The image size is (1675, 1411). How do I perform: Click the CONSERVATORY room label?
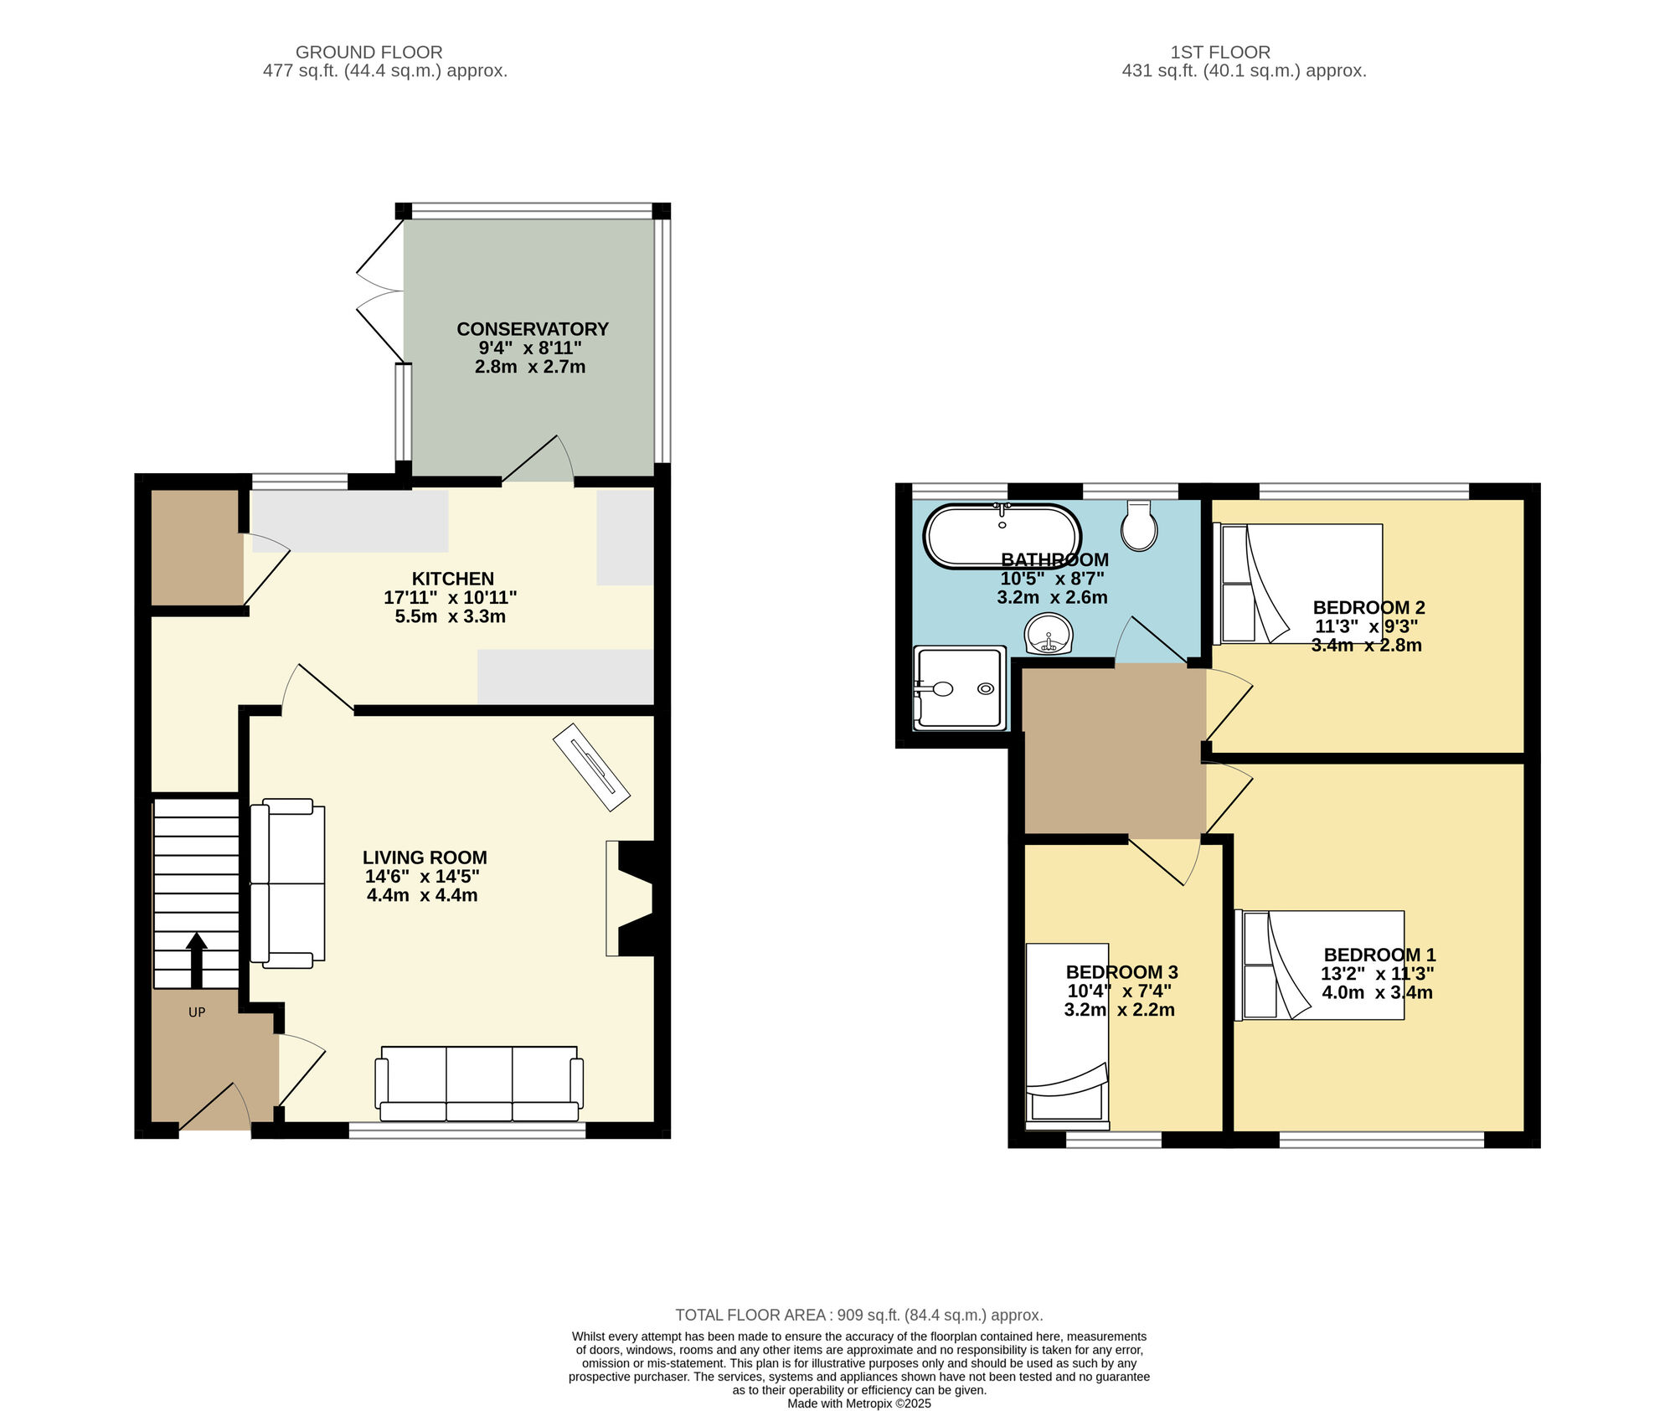(x=532, y=329)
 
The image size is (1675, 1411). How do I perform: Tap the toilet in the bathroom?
(x=1139, y=526)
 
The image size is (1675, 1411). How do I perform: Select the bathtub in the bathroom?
(x=1002, y=537)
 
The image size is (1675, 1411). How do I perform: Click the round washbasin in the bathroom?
(x=1049, y=634)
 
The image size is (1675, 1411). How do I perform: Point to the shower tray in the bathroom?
(x=959, y=688)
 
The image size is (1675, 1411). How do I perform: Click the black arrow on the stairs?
(x=197, y=960)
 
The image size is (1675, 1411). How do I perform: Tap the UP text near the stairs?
(x=197, y=1012)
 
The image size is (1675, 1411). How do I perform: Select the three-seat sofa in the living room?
(x=479, y=1084)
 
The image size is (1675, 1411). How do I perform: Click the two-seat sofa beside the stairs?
(x=287, y=883)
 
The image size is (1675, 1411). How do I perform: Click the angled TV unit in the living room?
(x=591, y=767)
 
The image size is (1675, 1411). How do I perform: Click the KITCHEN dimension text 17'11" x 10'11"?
(x=451, y=598)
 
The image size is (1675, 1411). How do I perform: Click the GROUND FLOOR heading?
(x=368, y=52)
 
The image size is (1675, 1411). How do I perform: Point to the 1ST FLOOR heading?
(x=1220, y=52)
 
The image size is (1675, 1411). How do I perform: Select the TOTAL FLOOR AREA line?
(x=858, y=1316)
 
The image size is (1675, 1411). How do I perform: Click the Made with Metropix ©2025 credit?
(x=858, y=1403)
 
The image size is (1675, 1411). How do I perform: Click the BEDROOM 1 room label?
(x=1379, y=955)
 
